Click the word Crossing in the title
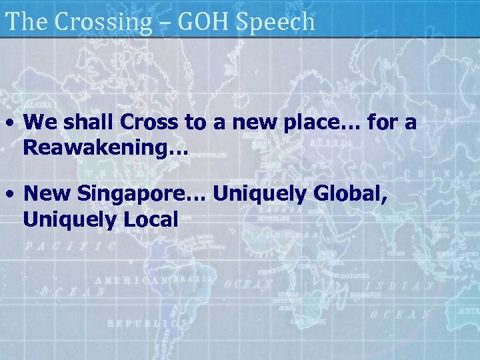pyautogui.click(x=103, y=22)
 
